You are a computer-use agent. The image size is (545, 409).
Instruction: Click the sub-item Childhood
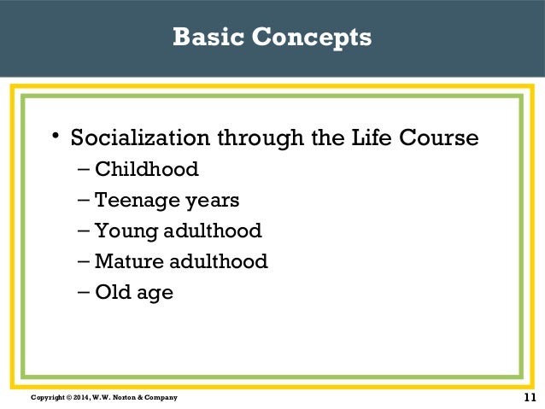click(146, 169)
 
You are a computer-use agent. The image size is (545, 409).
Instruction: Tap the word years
click(208, 202)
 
